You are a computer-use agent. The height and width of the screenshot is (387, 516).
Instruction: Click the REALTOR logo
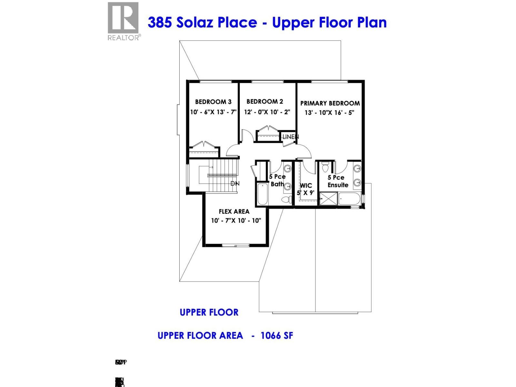(123, 21)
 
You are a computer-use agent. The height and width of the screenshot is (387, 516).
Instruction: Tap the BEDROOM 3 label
(213, 102)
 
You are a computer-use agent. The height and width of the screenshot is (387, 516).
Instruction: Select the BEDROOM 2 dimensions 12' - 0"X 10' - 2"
(267, 112)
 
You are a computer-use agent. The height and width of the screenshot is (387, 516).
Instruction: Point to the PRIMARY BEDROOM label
(330, 103)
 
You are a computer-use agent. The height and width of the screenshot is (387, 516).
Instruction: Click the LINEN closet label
(290, 137)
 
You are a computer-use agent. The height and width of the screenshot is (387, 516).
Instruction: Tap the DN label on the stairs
(235, 184)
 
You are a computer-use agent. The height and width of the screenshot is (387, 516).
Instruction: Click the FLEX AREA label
(234, 212)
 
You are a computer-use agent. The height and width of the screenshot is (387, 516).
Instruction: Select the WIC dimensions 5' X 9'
(305, 193)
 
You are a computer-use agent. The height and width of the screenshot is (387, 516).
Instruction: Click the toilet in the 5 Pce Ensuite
(325, 168)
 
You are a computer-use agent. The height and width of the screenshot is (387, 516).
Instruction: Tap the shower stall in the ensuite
(328, 198)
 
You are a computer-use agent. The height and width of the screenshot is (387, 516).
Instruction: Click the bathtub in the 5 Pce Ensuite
(350, 199)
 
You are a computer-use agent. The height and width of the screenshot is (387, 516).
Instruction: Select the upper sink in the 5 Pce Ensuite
(357, 168)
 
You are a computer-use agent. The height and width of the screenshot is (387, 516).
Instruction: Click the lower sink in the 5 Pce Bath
(287, 186)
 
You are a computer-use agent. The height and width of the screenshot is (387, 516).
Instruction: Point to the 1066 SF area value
(277, 336)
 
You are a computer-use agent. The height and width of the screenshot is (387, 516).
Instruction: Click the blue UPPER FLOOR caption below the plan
(209, 312)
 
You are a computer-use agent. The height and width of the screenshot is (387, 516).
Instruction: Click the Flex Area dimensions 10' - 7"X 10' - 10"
(236, 221)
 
